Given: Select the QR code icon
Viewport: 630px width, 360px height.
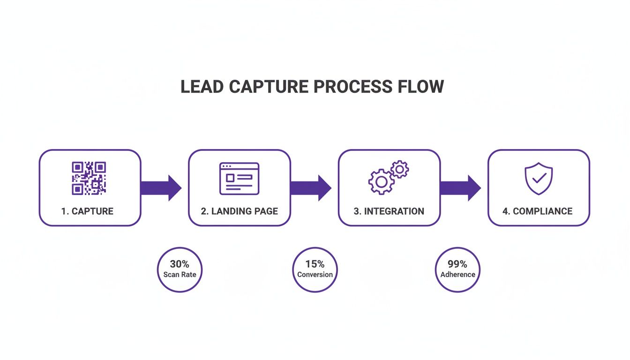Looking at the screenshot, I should click(89, 178).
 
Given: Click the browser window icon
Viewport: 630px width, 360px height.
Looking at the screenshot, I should click(239, 179).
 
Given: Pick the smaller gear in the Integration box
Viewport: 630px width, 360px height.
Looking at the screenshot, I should click(400, 169).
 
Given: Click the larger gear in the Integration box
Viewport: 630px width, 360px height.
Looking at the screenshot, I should click(381, 181).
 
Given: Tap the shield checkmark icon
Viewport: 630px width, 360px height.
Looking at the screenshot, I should click(538, 179).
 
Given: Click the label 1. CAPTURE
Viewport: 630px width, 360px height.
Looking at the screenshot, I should click(87, 211).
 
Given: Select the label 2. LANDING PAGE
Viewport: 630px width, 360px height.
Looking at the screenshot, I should click(239, 211).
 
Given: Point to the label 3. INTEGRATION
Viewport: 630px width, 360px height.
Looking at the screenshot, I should click(389, 211).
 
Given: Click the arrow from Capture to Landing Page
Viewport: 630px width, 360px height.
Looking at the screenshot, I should click(161, 188).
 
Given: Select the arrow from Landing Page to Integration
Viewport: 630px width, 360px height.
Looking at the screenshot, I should click(311, 188).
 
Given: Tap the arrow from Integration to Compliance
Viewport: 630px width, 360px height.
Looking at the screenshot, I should click(460, 188).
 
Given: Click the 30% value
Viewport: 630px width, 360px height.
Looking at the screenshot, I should click(180, 264).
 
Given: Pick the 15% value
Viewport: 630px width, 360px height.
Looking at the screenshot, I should click(315, 264).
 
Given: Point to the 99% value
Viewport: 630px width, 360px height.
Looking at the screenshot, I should click(457, 264).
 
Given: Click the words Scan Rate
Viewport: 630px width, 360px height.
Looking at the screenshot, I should click(180, 275).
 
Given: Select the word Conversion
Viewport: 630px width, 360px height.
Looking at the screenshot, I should click(315, 275).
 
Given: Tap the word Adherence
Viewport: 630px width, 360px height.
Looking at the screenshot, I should click(457, 275).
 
